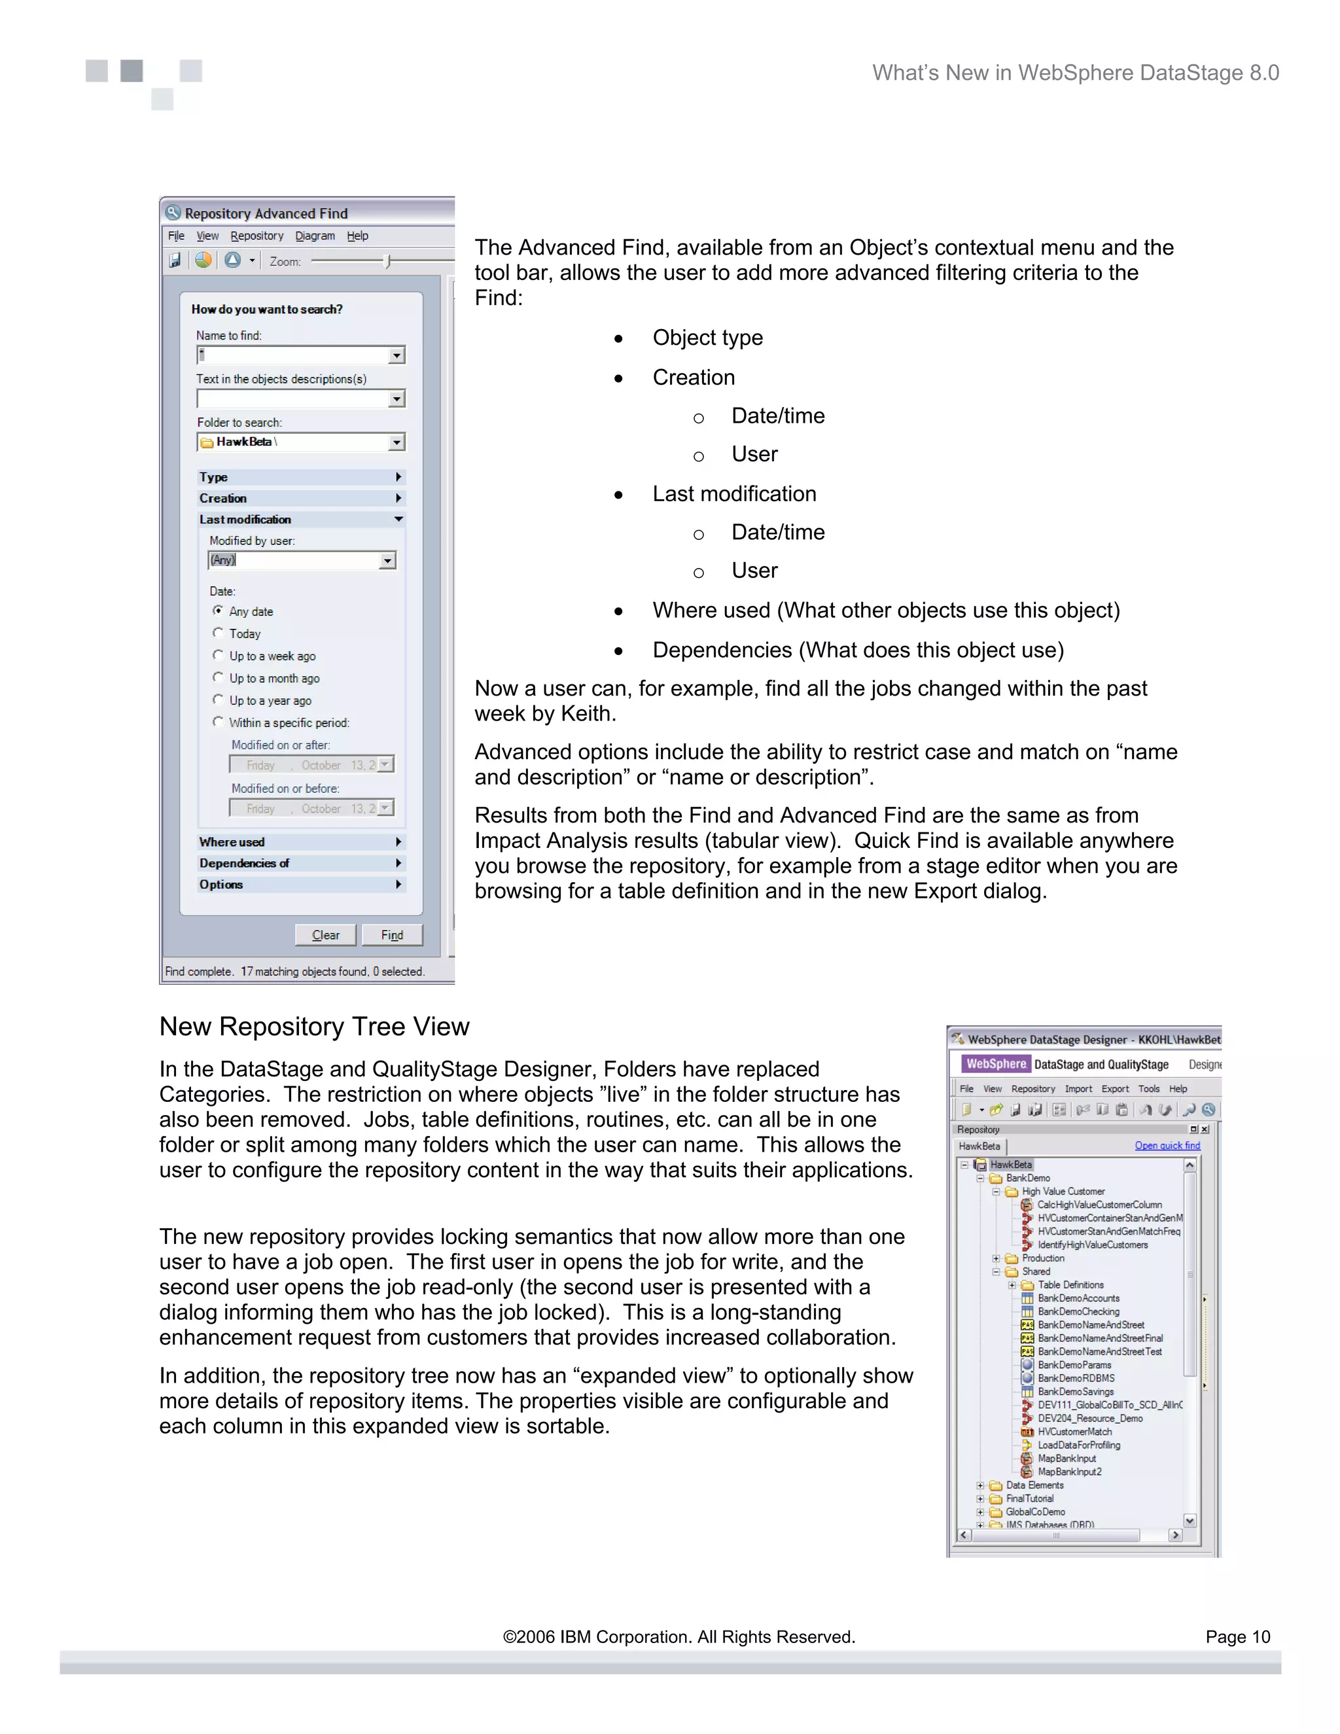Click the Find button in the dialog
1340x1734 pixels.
391,934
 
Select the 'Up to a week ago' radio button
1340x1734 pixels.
219,655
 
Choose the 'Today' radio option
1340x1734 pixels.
219,633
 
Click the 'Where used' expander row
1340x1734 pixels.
300,841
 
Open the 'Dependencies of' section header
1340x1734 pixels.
300,863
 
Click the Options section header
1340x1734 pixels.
300,885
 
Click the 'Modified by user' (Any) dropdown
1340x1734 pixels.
302,561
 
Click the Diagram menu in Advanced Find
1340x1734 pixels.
314,236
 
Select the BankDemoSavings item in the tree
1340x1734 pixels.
1076,1391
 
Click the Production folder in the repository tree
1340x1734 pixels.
1042,1258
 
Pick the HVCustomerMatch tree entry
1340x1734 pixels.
1074,1432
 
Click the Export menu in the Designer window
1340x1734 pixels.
1114,1089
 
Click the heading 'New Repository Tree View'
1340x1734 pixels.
314,1027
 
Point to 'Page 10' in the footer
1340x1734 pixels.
1237,1637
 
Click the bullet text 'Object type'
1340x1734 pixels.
707,338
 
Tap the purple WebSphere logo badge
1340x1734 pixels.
995,1064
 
